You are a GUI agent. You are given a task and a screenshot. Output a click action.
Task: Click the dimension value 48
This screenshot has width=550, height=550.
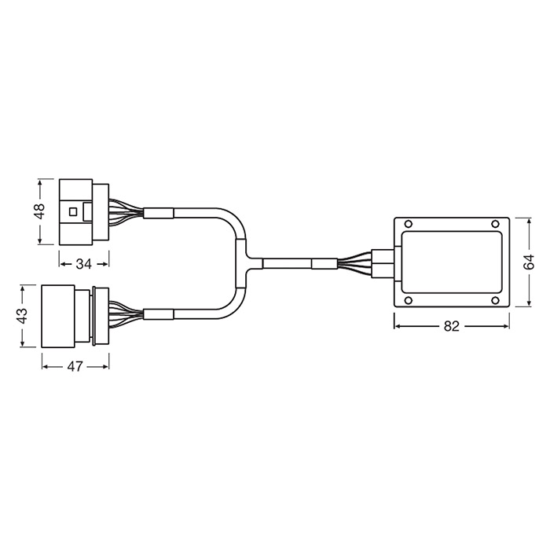(40, 211)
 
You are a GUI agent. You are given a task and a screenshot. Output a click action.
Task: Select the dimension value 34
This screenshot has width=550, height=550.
(84, 264)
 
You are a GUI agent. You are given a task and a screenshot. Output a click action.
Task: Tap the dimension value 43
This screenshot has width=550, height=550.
(23, 316)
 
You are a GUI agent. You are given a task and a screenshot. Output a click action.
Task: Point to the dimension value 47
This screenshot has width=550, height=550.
(75, 367)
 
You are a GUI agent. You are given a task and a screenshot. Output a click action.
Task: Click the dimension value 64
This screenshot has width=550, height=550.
(529, 262)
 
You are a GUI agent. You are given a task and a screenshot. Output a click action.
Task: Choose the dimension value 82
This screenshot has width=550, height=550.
(452, 326)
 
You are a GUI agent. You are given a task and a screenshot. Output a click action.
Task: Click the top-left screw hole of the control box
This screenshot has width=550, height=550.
(409, 224)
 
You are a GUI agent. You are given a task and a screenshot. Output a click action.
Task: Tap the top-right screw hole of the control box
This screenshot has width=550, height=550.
(495, 224)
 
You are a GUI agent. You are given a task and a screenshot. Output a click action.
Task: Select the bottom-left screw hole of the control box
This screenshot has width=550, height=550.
(409, 300)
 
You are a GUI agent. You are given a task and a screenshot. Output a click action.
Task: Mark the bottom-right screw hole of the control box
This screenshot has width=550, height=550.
(495, 300)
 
